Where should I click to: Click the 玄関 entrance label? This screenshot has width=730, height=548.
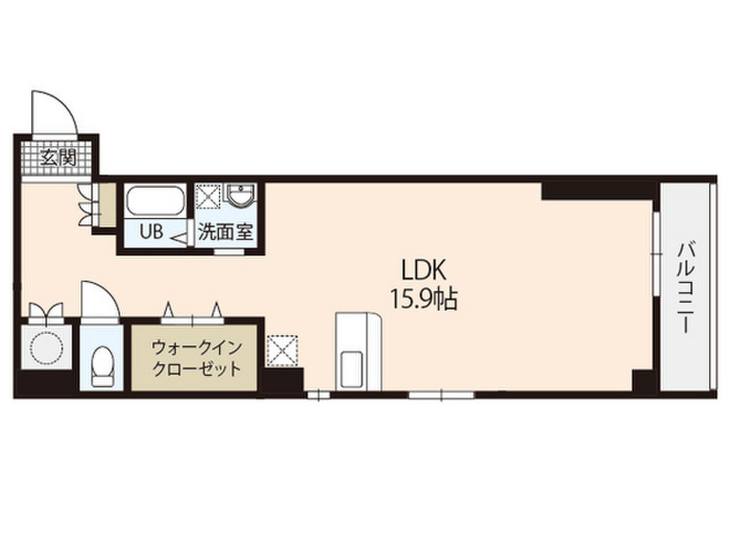(58, 158)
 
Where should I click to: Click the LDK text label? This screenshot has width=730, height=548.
(423, 270)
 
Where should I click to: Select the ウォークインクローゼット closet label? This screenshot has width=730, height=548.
(194, 359)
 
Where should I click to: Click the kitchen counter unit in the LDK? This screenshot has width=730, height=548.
(359, 351)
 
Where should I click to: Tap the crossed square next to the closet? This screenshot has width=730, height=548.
(283, 351)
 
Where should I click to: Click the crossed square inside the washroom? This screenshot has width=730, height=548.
(209, 196)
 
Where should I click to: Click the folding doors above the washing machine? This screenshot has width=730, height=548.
(46, 312)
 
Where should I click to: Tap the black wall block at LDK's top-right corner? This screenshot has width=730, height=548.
(599, 191)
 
